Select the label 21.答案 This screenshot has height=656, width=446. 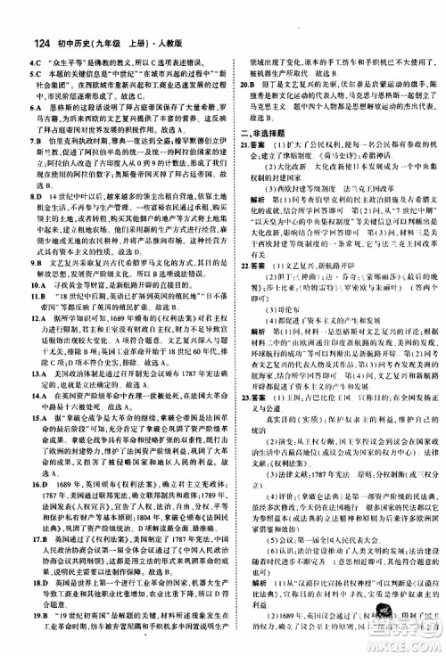click(x=246, y=141)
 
